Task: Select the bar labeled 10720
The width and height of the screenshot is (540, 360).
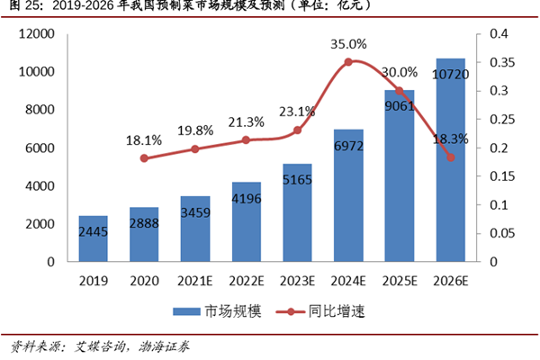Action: tap(451, 162)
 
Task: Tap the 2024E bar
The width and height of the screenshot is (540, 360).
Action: tap(348, 196)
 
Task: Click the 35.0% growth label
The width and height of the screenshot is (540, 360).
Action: tap(348, 43)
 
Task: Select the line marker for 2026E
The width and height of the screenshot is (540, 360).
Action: tap(451, 157)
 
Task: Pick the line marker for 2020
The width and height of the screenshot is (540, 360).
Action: tap(144, 158)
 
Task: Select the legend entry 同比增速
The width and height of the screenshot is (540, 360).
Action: tap(336, 310)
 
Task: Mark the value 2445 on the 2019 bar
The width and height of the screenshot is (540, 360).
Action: tap(93, 233)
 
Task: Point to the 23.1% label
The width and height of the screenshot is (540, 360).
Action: tap(298, 112)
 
